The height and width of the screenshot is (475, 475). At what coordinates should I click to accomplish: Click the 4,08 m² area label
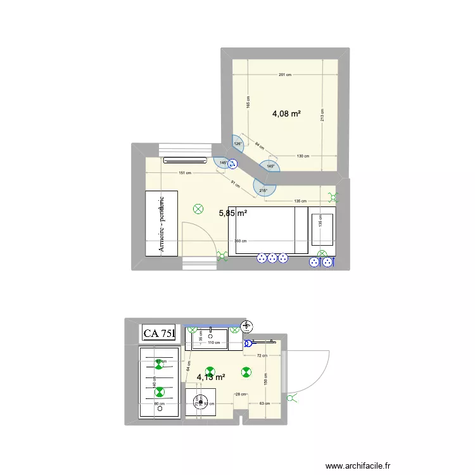(x=286, y=115)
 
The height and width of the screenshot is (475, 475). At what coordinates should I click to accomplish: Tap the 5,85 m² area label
(x=232, y=213)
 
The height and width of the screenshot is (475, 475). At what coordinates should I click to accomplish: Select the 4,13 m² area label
(x=211, y=377)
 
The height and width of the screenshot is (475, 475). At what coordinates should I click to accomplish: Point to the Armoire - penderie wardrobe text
(x=162, y=223)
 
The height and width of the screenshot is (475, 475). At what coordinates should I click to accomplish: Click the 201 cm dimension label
(x=284, y=75)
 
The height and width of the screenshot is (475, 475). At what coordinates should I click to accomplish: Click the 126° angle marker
(x=238, y=143)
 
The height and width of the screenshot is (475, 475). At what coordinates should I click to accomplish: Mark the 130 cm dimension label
(x=302, y=156)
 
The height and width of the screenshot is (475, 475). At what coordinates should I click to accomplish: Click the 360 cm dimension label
(x=240, y=241)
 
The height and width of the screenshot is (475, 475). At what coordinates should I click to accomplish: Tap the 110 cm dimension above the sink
(x=213, y=343)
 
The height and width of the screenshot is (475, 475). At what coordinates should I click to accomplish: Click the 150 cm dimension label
(x=265, y=377)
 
